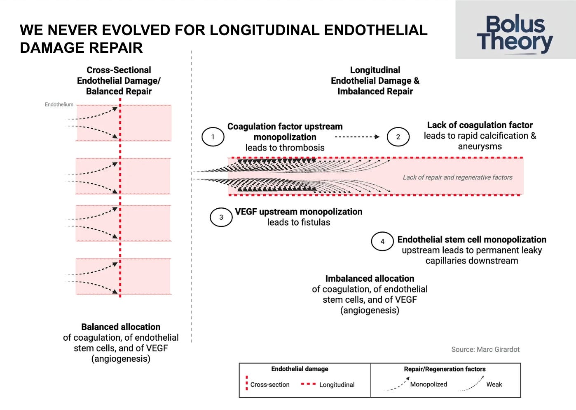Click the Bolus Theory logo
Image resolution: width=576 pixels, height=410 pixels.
(515, 34)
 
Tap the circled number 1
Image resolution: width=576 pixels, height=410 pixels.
(213, 137)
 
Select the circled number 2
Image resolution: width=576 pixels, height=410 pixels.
(398, 137)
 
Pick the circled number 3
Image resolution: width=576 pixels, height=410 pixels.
(221, 217)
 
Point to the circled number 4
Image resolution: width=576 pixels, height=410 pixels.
(382, 242)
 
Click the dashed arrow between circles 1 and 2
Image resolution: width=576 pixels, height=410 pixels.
(357, 137)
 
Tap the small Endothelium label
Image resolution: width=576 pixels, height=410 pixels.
(59, 105)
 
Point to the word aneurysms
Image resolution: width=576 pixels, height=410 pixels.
(480, 146)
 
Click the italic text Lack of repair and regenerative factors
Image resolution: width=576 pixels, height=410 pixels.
(457, 177)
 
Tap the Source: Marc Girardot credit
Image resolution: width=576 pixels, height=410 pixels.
(485, 349)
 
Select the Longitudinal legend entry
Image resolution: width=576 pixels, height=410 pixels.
(337, 384)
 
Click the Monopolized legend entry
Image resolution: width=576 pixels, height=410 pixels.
(428, 384)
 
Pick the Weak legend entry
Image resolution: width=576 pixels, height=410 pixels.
(494, 384)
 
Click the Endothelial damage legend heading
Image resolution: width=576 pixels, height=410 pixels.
(300, 369)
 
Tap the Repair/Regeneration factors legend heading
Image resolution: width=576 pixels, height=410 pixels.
(445, 369)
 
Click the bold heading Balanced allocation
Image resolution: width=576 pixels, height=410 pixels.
(121, 327)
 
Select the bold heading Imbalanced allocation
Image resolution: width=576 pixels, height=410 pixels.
(370, 278)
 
